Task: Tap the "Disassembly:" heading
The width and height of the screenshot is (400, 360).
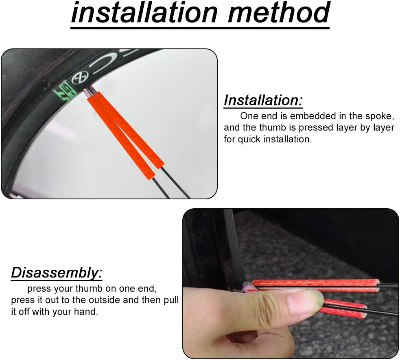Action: (x=56, y=273)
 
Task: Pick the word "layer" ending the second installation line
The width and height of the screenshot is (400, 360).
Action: (x=382, y=128)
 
